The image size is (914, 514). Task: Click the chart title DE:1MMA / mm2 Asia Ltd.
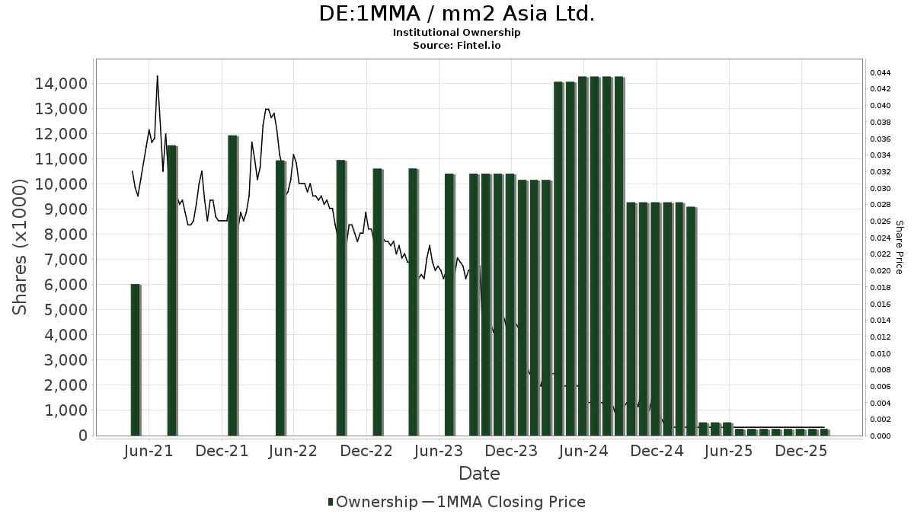click(456, 14)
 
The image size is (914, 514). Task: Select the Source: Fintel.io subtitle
click(456, 46)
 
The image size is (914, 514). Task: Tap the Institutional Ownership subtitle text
click(456, 33)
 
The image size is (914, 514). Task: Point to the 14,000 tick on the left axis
click(60, 83)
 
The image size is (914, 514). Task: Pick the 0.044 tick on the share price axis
click(880, 73)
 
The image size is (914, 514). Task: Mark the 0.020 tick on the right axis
click(880, 271)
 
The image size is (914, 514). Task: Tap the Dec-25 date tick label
click(801, 451)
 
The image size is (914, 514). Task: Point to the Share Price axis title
click(899, 247)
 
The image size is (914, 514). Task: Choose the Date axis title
click(479, 474)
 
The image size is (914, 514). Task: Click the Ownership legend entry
click(372, 502)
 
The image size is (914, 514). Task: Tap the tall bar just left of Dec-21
click(233, 286)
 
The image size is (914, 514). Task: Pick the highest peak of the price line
click(157, 76)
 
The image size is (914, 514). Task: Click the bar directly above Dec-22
click(377, 302)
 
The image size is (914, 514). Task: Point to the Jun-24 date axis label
click(583, 451)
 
